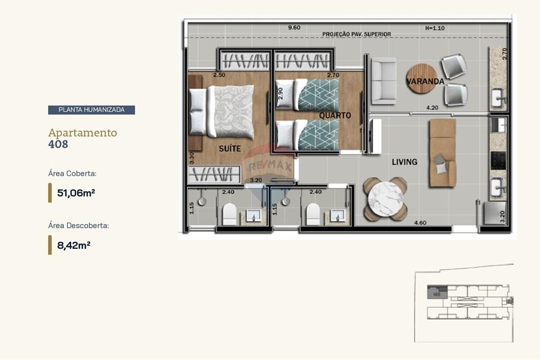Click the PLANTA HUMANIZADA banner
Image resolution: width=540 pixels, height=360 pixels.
91,110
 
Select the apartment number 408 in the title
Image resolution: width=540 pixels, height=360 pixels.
58,144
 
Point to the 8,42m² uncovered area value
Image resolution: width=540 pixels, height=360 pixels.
73,245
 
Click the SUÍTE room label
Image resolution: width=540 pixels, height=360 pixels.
230,148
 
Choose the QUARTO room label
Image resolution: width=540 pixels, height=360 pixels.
335,116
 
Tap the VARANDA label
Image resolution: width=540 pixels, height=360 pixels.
426,82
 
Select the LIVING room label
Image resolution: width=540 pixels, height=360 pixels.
404,162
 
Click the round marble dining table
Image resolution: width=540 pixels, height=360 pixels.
385,199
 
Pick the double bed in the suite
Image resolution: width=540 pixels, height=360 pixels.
222,111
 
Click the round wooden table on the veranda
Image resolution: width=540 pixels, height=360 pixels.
422,79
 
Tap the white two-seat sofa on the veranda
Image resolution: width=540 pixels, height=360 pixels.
382,80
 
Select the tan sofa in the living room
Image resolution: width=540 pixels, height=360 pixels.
443,153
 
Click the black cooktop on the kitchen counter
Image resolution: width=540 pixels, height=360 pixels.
498,160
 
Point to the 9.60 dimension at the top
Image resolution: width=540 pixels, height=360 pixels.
294,27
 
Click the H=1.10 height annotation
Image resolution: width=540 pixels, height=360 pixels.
435,28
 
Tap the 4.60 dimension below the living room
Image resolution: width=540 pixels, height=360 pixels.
420,222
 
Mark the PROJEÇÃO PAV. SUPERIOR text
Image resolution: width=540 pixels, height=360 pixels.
356,35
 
